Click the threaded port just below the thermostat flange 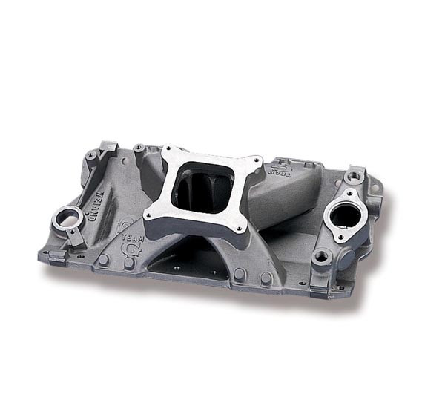321,256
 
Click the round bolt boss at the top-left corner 91,156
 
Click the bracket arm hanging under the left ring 76,236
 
